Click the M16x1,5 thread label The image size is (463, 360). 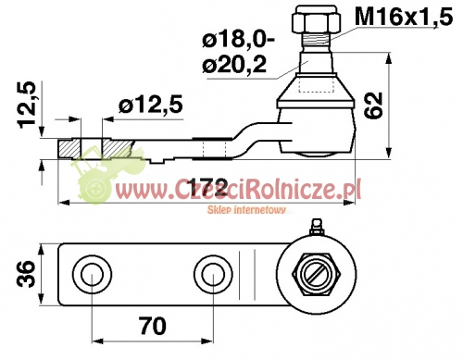pyautogui.click(x=404, y=17)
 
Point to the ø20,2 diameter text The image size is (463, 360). pyautogui.click(x=234, y=65)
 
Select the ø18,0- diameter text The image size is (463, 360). pyautogui.click(x=239, y=40)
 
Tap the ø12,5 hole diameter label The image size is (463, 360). pyautogui.click(x=151, y=105)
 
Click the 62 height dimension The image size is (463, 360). pyautogui.click(x=374, y=106)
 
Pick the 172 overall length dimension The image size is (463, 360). pyautogui.click(x=209, y=186)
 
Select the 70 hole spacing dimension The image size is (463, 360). pyautogui.click(x=153, y=326)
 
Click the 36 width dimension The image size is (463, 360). pyautogui.click(x=26, y=274)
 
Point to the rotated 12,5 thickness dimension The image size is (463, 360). pyautogui.click(x=27, y=105)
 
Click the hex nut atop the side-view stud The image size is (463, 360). pyautogui.click(x=317, y=19)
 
